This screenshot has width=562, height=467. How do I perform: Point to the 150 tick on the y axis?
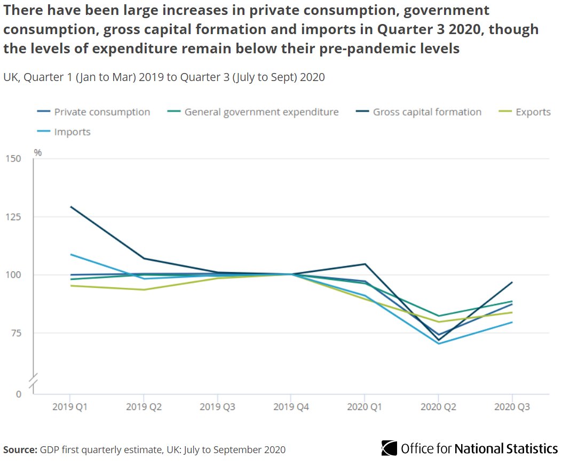(x=14, y=159)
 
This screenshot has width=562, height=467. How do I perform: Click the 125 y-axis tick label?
(x=14, y=217)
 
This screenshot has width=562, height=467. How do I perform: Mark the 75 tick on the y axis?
(x=17, y=333)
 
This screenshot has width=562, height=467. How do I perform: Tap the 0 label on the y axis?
(x=19, y=394)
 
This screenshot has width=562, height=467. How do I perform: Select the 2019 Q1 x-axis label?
(x=70, y=407)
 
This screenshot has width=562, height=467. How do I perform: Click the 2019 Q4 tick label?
(x=291, y=407)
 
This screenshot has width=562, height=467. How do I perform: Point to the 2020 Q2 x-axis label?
(x=438, y=407)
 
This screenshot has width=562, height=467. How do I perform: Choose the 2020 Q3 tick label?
(x=512, y=407)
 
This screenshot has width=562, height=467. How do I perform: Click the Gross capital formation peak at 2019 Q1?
(x=70, y=207)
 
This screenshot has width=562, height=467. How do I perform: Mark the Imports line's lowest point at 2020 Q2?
(x=439, y=343)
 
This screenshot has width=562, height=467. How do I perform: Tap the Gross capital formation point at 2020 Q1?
(x=365, y=264)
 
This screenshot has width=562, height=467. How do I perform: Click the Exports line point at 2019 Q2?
(x=144, y=289)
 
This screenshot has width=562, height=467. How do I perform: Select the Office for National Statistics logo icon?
(x=390, y=448)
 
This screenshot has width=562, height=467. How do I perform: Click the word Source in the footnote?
(x=20, y=449)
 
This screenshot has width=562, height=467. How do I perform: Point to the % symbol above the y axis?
(x=38, y=153)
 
